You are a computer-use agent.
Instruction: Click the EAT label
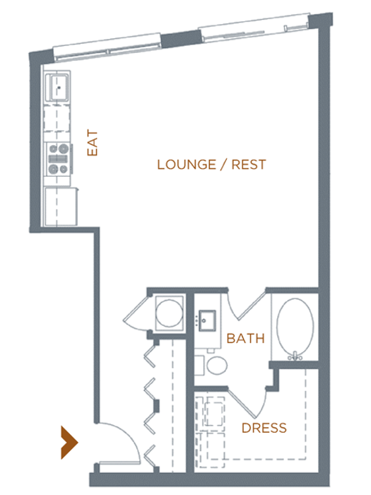(93, 142)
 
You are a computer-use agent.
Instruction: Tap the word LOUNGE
(187, 165)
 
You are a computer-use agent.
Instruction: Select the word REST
(249, 165)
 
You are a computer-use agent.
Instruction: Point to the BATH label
(245, 339)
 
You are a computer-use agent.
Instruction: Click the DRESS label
(264, 428)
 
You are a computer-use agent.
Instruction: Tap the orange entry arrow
(69, 442)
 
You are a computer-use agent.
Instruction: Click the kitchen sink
(57, 87)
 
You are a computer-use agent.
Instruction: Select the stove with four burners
(59, 159)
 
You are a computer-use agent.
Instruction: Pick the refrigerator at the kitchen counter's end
(61, 206)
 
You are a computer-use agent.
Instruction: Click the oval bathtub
(295, 327)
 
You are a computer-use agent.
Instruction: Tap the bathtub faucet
(295, 356)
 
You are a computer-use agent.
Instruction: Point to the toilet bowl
(217, 366)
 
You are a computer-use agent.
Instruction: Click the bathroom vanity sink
(207, 321)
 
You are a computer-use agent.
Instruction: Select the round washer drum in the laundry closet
(170, 313)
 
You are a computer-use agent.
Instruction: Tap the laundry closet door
(136, 313)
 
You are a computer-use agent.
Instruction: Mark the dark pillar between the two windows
(182, 39)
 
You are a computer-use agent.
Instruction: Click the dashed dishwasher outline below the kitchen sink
(57, 118)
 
